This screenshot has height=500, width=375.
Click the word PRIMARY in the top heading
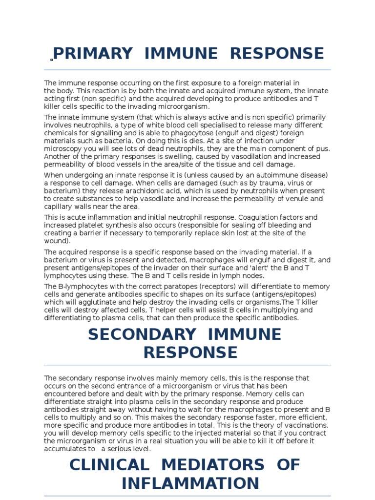pos(93,53)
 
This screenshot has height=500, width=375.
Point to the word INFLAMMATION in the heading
pos(190,483)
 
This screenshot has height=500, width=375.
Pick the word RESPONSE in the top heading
pos(277,53)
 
